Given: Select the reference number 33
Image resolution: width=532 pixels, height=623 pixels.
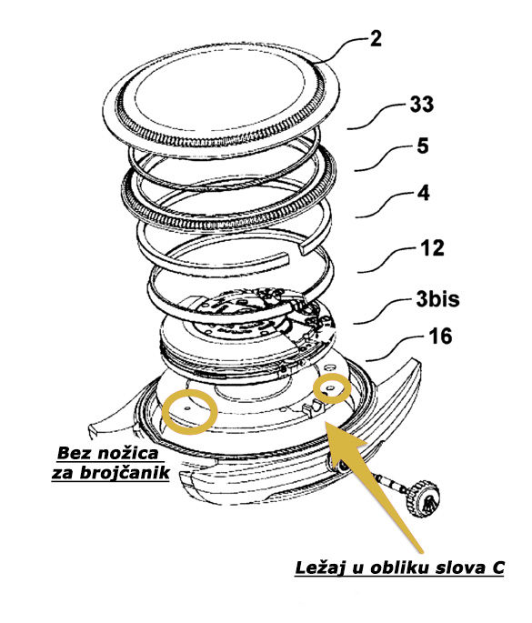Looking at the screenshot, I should click(422, 106).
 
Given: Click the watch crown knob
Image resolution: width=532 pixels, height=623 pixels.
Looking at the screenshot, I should click(424, 499).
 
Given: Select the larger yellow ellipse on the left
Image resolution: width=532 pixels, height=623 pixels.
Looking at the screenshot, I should click(187, 411).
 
